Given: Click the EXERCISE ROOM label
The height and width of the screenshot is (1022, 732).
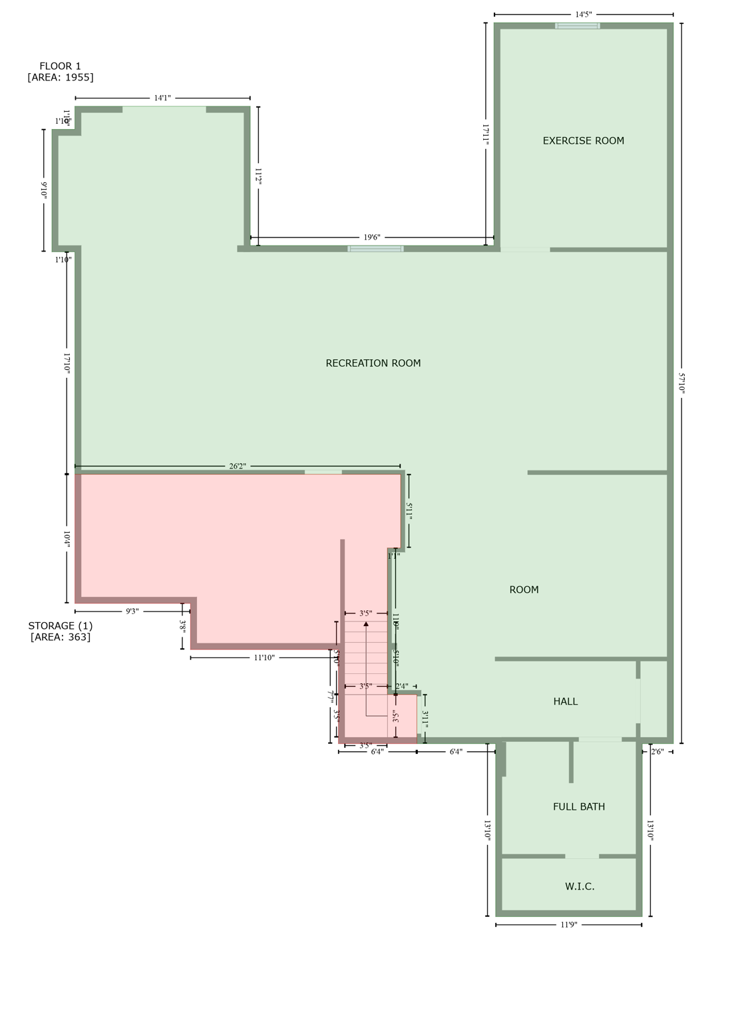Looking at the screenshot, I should coord(583,140).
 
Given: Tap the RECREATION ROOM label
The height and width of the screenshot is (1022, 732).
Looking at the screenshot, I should coord(373,363).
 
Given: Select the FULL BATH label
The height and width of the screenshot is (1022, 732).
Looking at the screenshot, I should coord(578,806).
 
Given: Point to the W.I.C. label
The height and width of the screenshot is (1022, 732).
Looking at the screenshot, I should coord(579,886).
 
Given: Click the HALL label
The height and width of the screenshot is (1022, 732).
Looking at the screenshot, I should coord(565,701).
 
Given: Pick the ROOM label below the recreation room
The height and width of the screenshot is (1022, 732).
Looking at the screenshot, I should coord(524,590).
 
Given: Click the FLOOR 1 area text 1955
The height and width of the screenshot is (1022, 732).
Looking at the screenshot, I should coord(60,77).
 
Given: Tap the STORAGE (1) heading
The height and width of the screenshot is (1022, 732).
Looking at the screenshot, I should coord(60,625).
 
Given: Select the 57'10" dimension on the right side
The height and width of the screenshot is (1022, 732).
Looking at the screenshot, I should coord(681,383).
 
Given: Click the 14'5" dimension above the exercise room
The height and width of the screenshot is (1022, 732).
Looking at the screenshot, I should coord(583,14).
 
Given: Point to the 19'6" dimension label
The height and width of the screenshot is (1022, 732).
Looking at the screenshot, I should coord(371,238).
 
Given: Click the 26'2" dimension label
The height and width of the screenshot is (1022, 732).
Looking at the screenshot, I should coord(237,466).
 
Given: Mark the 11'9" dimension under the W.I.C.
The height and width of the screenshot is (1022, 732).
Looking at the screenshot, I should coord(568,925).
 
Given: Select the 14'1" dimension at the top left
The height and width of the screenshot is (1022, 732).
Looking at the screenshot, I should coord(162,98).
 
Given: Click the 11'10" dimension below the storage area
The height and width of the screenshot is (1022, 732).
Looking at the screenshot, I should coord(264,658).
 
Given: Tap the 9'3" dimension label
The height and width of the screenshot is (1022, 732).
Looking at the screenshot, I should coord(132,611).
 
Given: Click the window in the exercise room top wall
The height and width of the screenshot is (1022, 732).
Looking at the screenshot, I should coord(577,26).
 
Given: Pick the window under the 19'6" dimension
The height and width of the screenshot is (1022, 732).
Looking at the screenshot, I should coord(375,249).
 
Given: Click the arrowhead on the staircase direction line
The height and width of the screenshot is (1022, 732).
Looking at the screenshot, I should coord(366,624).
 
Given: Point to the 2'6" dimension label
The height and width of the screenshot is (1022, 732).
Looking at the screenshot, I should coord(657,752).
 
